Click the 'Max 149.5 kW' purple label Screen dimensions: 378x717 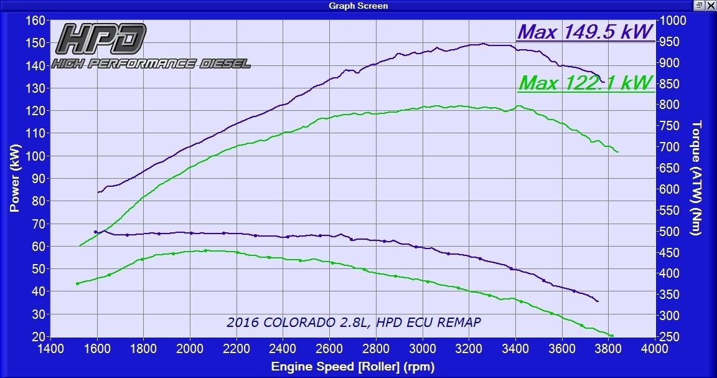pyautogui.click(x=585, y=32)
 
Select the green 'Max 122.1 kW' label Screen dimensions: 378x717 pyautogui.click(x=585, y=82)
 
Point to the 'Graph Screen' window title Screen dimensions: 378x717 pyautogui.click(x=358, y=6)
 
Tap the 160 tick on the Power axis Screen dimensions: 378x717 pyautogui.click(x=35, y=21)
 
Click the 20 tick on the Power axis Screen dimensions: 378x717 pyautogui.click(x=37, y=337)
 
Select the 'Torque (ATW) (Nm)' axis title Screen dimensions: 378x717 pyautogui.click(x=697, y=178)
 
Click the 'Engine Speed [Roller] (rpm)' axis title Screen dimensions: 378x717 pyautogui.click(x=352, y=367)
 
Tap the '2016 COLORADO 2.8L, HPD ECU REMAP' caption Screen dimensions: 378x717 pyautogui.click(x=354, y=322)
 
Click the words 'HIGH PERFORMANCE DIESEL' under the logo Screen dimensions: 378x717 pyautogui.click(x=151, y=64)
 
